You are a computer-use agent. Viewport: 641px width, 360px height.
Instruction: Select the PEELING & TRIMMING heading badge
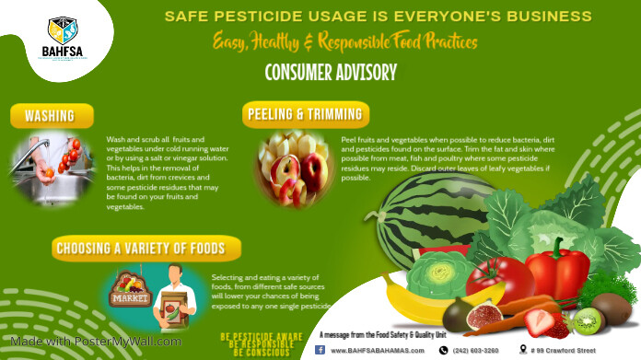(x=307, y=114)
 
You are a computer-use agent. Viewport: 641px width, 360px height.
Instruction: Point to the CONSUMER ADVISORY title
(x=331, y=72)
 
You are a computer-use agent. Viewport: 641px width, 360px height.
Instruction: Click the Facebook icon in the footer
(x=320, y=350)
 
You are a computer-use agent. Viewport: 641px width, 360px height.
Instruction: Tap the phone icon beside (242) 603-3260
(x=443, y=350)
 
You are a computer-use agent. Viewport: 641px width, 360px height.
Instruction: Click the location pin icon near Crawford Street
(x=523, y=350)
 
